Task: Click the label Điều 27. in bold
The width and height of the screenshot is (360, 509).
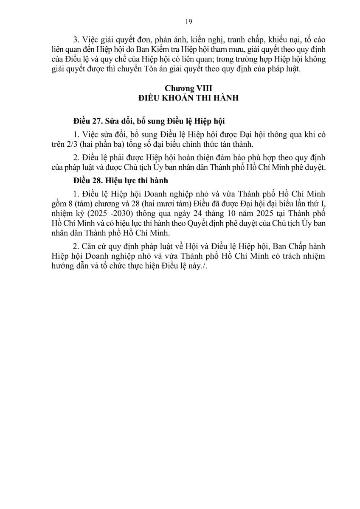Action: point(87,120)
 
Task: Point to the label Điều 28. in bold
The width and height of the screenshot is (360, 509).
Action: point(87,181)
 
